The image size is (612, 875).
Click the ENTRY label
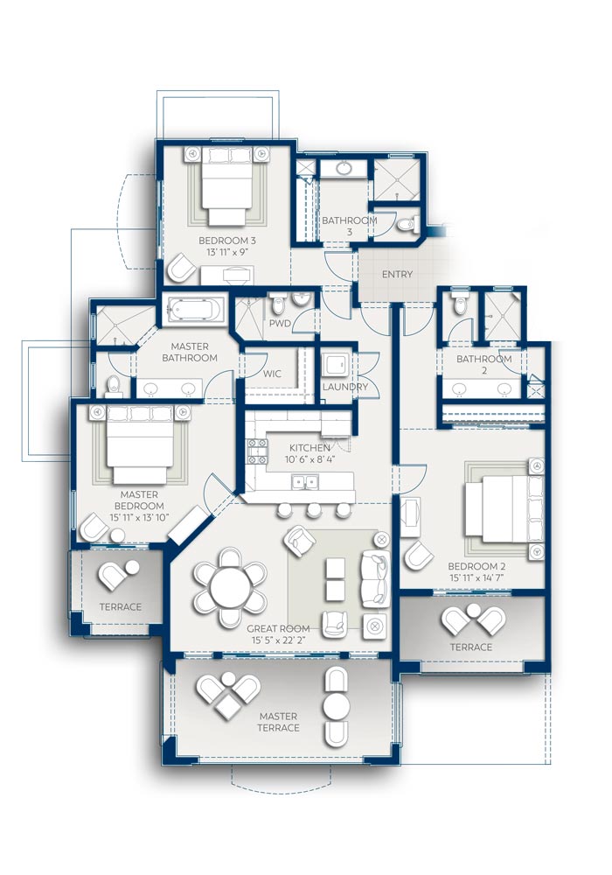[x=397, y=274]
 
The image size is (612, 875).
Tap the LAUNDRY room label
[x=345, y=387]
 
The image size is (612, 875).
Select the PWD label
[x=280, y=323]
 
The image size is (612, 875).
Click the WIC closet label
[x=272, y=374]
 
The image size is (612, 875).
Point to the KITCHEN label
[x=309, y=447]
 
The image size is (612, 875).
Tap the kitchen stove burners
[x=257, y=451]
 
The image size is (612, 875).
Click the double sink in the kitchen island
[x=304, y=481]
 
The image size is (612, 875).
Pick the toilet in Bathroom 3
[x=408, y=224]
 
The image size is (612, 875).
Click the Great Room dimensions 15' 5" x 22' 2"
[x=279, y=640]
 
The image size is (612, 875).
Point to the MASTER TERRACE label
[x=278, y=722]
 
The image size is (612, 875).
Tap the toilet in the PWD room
[x=277, y=304]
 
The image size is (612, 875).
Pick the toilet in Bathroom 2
[x=459, y=304]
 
